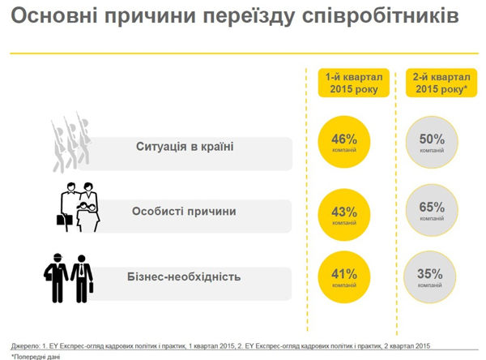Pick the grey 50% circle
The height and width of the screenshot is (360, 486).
pyautogui.click(x=431, y=141)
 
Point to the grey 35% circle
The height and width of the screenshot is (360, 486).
pyautogui.click(x=431, y=277)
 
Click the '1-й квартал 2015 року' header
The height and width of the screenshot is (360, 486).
pyautogui.click(x=352, y=83)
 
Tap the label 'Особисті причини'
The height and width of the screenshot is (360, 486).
pyautogui.click(x=184, y=212)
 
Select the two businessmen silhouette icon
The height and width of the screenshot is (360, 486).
pyautogui.click(x=68, y=277)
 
